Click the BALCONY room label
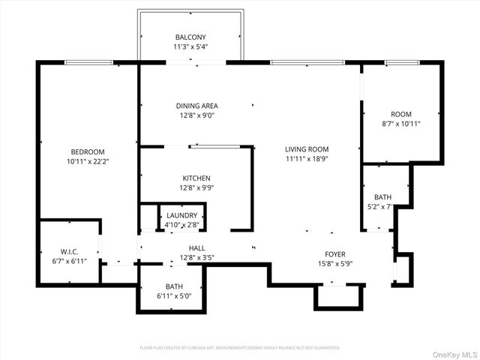coord(190,37)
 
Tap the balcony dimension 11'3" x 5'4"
coord(190,46)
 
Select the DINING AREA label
coord(196,106)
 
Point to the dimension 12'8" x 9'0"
coord(196,115)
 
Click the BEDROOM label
coord(88,151)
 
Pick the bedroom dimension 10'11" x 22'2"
coord(88,160)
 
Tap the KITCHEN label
coord(196,178)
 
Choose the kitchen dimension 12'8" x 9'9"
coord(196,187)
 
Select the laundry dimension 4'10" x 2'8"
coord(182,224)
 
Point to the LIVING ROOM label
coord(307,149)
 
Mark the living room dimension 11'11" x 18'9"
coord(307,158)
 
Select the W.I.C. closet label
coord(69,251)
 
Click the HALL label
coord(196,247)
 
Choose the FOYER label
coord(334,254)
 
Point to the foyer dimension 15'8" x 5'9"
coord(334,263)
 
